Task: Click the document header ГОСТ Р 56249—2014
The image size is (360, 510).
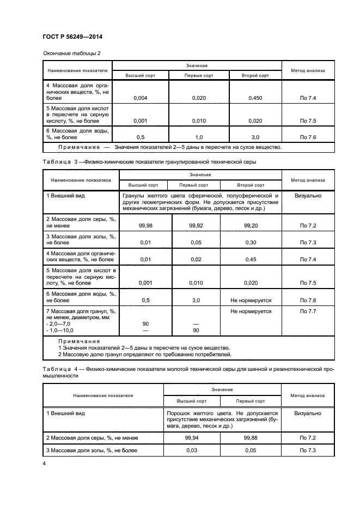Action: pos(72,37)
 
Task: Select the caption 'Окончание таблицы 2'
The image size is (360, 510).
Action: pos(71,53)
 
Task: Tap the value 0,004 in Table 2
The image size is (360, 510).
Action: pos(141,98)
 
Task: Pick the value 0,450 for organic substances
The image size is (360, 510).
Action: pos(255,98)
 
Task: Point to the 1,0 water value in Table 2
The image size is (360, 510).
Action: pos(198,137)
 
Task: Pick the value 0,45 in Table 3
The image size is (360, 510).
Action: pos(251,259)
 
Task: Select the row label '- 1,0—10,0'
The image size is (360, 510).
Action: pos(61,331)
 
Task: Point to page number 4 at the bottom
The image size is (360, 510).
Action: pos(44,463)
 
